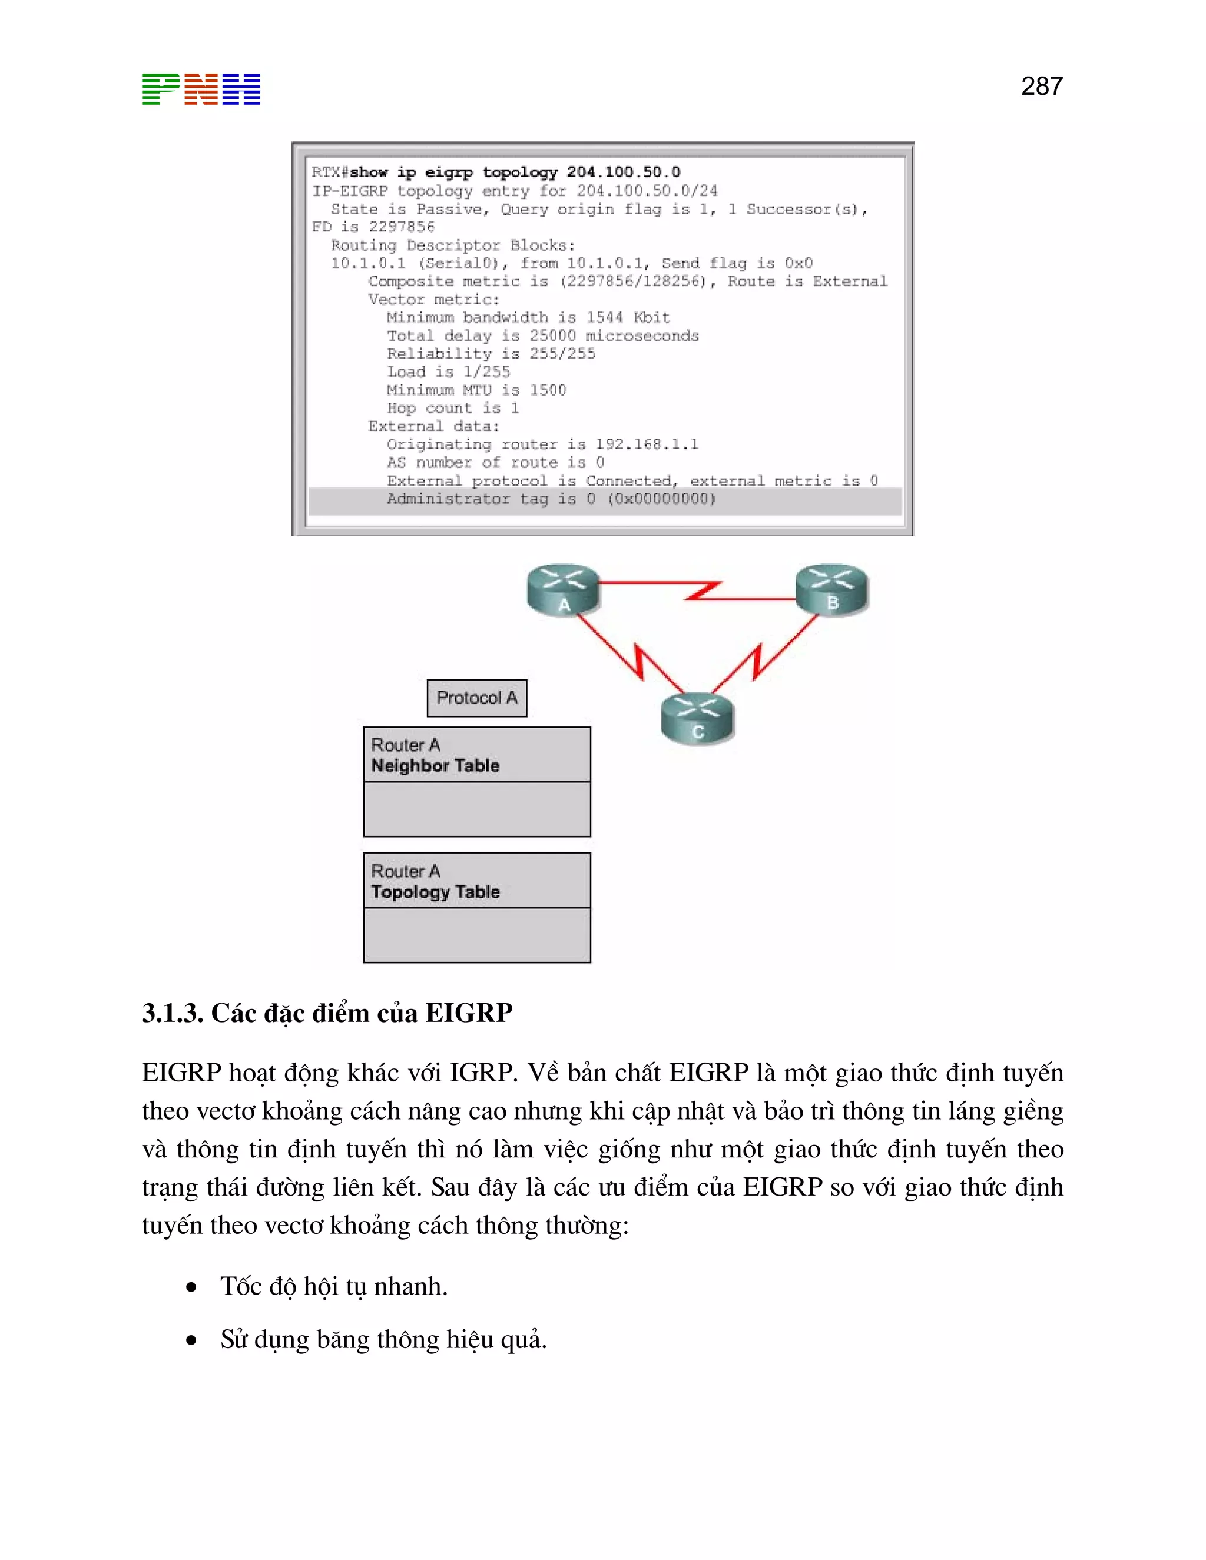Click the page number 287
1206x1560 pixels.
point(1041,87)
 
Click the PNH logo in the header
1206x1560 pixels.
point(201,89)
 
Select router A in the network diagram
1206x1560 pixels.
point(563,590)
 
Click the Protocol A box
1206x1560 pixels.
point(476,698)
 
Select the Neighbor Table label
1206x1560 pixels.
point(435,766)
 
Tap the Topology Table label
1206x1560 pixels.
point(435,891)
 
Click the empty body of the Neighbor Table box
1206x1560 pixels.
point(476,809)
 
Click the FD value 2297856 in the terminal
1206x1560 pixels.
point(402,227)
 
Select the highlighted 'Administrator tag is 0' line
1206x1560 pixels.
point(550,499)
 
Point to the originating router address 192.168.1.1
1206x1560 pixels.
point(647,444)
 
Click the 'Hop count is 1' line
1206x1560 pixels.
point(453,409)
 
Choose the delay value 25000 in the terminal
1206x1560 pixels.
point(552,336)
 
